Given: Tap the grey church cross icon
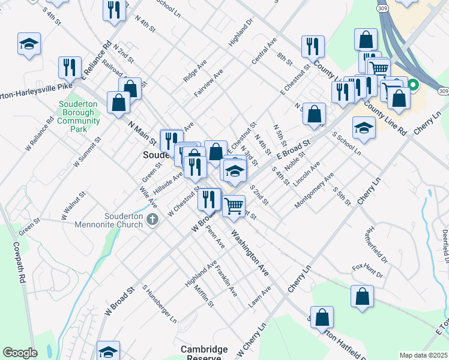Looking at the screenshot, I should tap(152, 220).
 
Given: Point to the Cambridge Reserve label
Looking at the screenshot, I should tap(205, 353).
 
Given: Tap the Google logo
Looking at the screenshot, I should tap(20, 353).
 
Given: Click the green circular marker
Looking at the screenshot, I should tap(413, 86).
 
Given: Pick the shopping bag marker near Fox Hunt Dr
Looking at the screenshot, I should tap(362, 296).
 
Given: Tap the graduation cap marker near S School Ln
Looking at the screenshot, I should tap(364, 128).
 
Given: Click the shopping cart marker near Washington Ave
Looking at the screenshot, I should tap(234, 206).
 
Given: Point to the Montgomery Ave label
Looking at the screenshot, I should tap(313, 191).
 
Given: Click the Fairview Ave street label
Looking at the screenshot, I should tap(208, 83).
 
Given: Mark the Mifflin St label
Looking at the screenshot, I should tap(204, 296).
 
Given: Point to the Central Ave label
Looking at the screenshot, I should tap(264, 52).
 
